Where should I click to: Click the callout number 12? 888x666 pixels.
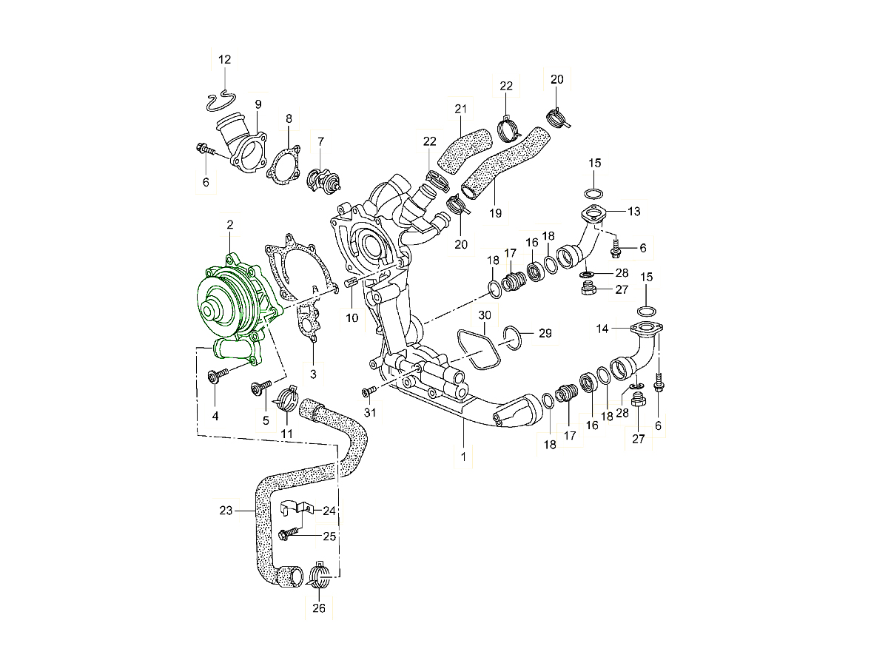[224, 58]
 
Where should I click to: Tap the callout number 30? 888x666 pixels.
[483, 315]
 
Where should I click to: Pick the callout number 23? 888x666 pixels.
[226, 510]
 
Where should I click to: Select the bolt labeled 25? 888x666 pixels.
[288, 533]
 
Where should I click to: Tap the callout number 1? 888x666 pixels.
[463, 457]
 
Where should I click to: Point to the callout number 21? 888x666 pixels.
[461, 110]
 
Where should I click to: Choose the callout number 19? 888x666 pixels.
[496, 213]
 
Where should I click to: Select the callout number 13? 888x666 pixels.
[634, 212]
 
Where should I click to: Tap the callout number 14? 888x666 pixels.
[602, 327]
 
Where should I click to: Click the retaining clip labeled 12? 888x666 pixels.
[221, 98]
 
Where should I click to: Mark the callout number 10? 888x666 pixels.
[351, 318]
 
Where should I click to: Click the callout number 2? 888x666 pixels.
[230, 224]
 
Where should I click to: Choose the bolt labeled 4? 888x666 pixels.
[217, 379]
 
